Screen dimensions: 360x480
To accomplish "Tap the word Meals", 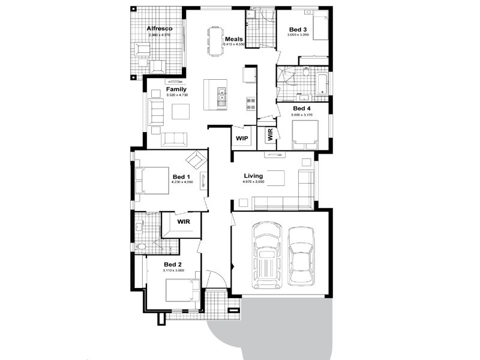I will point(233,38).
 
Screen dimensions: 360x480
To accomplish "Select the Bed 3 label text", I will point(299,29).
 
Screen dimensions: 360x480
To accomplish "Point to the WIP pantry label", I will point(242,139).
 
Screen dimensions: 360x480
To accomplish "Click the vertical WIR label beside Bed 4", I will point(270,135).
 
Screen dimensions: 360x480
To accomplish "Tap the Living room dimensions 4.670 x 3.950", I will point(254,182).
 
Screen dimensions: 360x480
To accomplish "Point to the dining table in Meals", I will point(215,41).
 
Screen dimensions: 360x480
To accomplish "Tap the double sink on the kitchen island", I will point(221,95).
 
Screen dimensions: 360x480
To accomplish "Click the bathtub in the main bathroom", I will point(322,84).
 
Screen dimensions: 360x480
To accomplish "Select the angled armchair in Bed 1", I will point(196,161).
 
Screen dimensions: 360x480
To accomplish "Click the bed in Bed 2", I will point(181,293).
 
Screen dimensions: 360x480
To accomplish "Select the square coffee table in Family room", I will point(181,112).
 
